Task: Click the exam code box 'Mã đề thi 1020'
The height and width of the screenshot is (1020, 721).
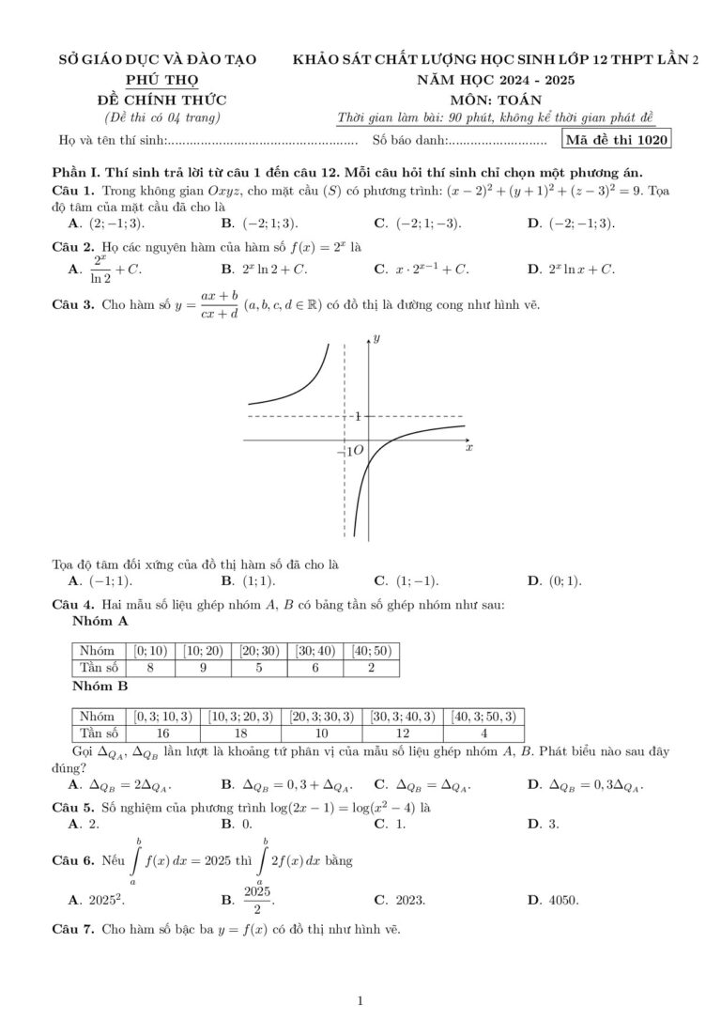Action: click(617, 141)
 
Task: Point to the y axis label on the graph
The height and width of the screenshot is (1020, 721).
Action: click(376, 337)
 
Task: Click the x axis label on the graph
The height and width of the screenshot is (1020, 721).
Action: click(469, 449)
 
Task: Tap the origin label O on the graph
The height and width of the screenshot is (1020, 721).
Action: click(358, 452)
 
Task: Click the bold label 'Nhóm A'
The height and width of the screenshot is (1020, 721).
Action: click(100, 622)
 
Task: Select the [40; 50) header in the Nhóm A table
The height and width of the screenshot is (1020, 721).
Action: click(372, 650)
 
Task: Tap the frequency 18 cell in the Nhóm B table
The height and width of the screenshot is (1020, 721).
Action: click(241, 734)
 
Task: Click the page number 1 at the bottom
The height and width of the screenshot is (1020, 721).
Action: click(360, 1001)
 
